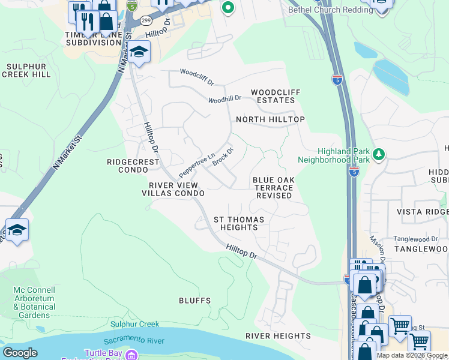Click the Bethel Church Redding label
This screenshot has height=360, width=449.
(331, 10)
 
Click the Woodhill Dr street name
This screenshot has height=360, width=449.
(224, 98)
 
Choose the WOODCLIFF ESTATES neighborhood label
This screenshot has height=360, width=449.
(276, 96)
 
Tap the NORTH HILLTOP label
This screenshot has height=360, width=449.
(270, 119)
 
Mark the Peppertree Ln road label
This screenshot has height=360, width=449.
(197, 163)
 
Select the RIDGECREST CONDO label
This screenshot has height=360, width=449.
(133, 166)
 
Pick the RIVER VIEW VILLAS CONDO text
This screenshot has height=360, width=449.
(173, 190)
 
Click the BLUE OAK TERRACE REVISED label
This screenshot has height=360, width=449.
(273, 188)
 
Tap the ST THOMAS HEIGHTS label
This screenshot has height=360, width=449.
(236, 223)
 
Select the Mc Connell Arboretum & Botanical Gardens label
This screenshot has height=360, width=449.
(34, 302)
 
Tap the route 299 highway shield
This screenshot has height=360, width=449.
(146, 20)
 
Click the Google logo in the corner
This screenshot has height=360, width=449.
(20, 353)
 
